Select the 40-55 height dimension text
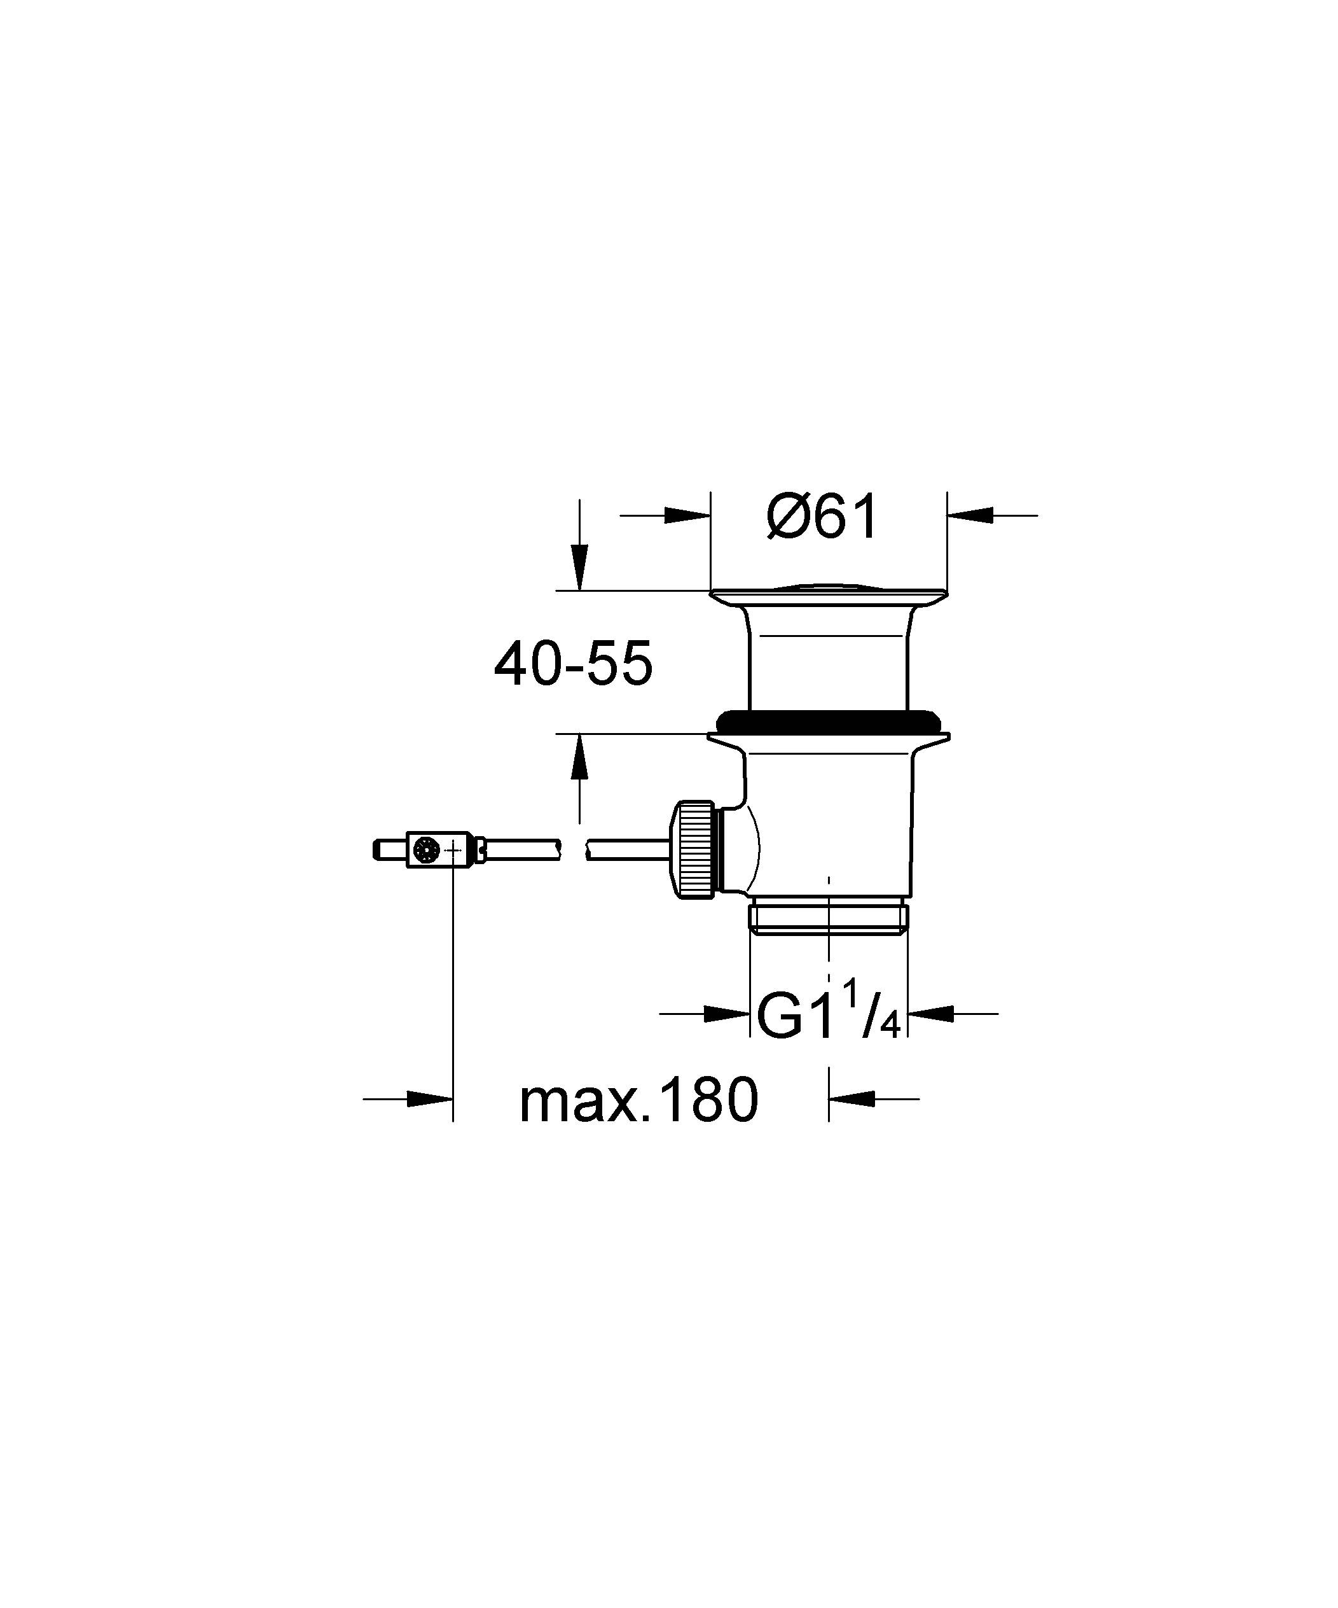[572, 663]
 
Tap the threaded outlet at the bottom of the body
[828, 918]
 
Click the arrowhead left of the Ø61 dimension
[687, 515]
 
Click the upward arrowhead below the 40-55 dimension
[579, 757]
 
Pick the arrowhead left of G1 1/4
[726, 1014]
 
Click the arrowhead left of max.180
[429, 1099]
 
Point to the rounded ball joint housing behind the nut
[741, 848]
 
